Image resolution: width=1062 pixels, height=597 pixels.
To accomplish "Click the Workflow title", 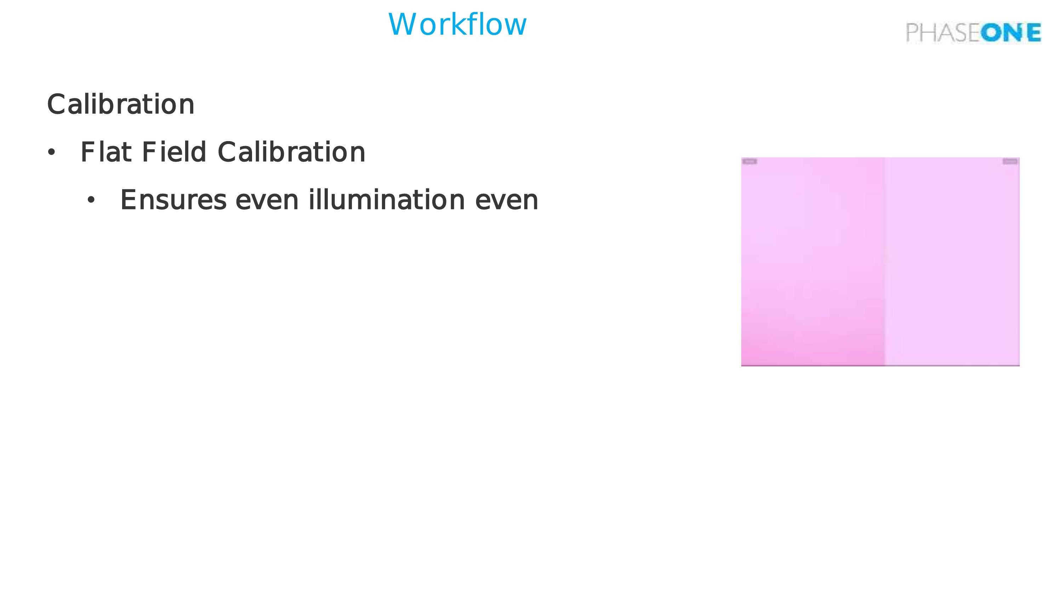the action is coord(457,24).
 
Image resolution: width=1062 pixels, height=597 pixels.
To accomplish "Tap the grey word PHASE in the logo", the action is coord(942,33).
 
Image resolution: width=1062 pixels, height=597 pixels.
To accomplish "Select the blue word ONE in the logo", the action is coord(1010,33).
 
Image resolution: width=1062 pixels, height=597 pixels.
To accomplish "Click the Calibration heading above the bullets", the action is coord(120,104).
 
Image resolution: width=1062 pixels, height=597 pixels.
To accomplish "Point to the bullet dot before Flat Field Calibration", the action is coord(51,152).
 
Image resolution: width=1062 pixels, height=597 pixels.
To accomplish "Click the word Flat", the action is coord(106,152).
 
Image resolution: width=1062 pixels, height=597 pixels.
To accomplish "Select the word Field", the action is coord(173,152).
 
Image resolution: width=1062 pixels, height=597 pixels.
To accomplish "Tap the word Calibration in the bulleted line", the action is coord(291,152).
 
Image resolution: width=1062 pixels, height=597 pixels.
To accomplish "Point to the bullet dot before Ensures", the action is coord(91,200).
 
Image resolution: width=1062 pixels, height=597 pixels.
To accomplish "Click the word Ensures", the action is coord(173,200).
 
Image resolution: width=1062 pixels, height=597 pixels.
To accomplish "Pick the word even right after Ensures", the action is coord(267,200).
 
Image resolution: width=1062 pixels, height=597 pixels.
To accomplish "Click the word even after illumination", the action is coord(507,200).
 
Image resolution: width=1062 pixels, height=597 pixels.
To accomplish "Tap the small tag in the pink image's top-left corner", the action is coord(750,162).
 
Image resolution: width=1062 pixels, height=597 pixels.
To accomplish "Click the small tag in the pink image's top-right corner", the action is coord(1010,162).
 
